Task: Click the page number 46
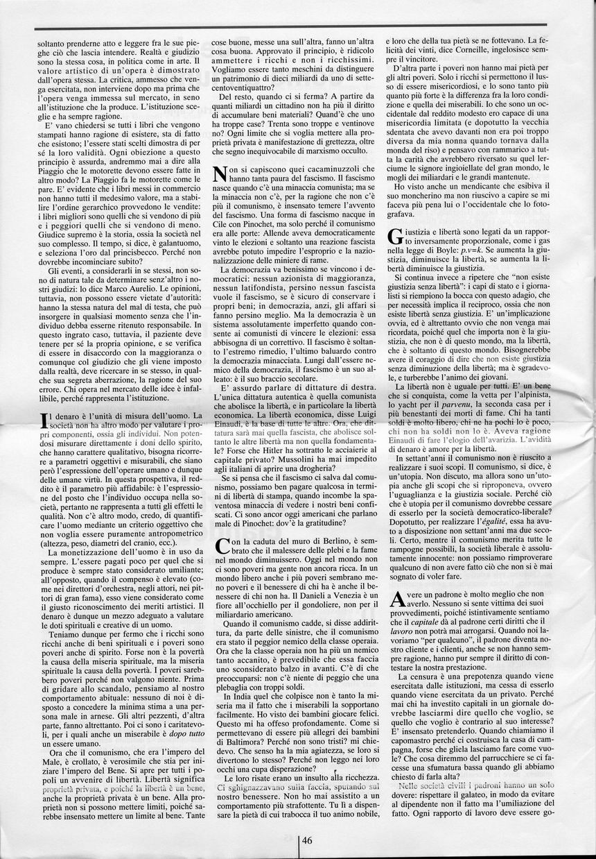click(x=307, y=840)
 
